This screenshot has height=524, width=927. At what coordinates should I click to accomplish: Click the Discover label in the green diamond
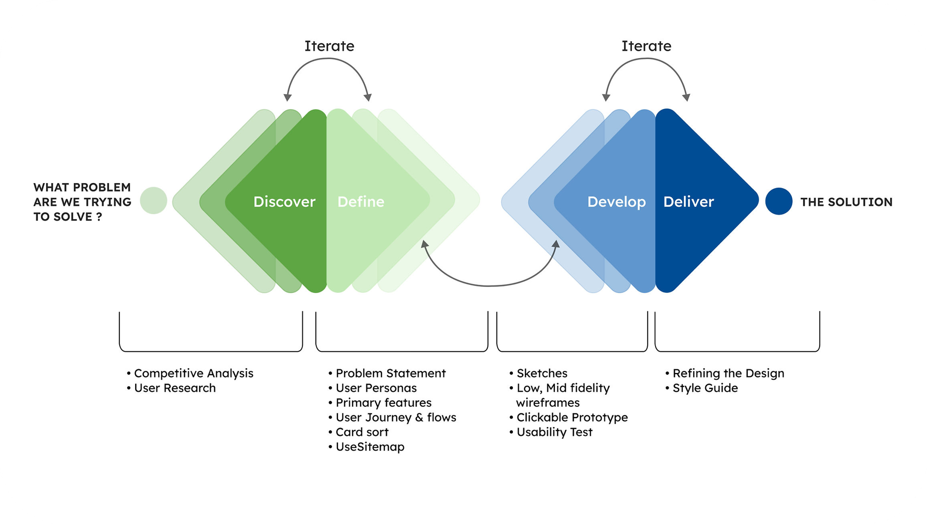tap(284, 202)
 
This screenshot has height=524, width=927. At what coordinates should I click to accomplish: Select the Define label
tap(361, 202)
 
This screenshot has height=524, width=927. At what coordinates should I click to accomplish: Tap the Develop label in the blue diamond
tap(616, 202)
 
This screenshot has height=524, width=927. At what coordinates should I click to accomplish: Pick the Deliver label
tap(688, 202)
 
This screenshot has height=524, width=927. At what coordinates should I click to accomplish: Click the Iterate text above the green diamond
tap(329, 46)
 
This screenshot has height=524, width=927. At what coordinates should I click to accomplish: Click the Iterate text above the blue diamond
tap(646, 46)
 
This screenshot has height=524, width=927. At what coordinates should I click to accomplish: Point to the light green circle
tap(154, 200)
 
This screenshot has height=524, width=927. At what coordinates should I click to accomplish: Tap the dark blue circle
tap(779, 201)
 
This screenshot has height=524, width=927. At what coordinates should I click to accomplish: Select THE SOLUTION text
tap(846, 202)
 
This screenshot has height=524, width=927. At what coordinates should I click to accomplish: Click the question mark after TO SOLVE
tap(99, 217)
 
